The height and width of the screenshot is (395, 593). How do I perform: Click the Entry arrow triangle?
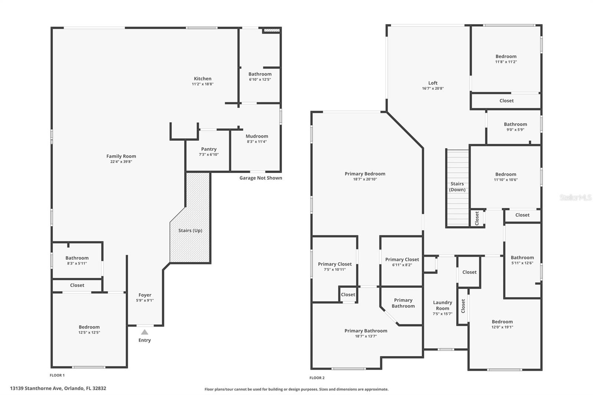point(145,332)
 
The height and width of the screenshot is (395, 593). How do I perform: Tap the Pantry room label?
point(209,149)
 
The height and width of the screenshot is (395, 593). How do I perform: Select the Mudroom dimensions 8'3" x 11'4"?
point(257,142)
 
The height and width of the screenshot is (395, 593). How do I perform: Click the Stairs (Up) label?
point(190,230)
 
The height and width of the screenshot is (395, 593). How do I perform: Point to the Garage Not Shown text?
point(261,178)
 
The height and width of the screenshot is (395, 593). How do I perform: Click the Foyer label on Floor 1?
point(145,295)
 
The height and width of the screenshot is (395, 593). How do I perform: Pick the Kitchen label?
point(203,79)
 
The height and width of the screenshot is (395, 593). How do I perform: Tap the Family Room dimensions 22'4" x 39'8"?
point(121,162)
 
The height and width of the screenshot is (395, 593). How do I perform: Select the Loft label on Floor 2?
point(433,83)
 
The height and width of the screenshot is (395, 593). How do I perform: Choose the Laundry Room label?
point(443,305)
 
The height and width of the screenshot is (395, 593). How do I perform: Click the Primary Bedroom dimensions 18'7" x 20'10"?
point(365,179)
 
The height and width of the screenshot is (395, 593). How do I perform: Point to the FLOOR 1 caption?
point(57,375)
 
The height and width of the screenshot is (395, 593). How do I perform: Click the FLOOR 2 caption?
point(317,378)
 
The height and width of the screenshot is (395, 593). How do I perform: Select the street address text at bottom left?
point(58,388)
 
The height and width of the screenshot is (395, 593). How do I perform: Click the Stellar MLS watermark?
point(575,197)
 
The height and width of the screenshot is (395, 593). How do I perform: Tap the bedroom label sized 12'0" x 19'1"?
point(502,322)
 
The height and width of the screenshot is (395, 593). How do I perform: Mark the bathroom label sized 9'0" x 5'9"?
point(515,124)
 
